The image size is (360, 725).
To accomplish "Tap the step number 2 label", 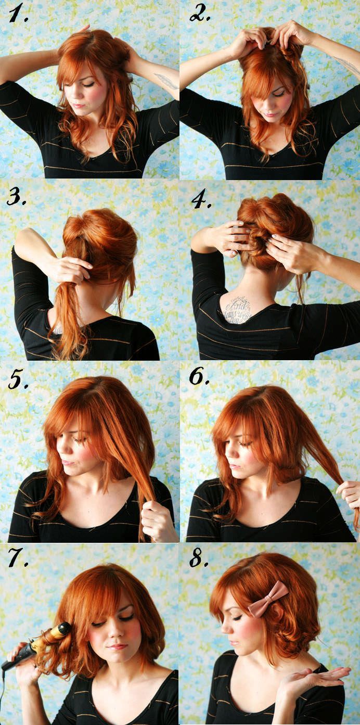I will tap(199, 15).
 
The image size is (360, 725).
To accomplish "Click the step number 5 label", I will tap(19, 380).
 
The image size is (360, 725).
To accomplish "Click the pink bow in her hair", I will tap(267, 598).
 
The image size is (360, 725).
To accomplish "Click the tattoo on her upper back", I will tap(237, 309).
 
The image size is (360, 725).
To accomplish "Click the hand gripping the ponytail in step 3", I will tap(73, 269).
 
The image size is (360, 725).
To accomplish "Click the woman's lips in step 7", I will tap(117, 647).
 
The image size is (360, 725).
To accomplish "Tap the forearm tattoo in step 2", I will tap(345, 66).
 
